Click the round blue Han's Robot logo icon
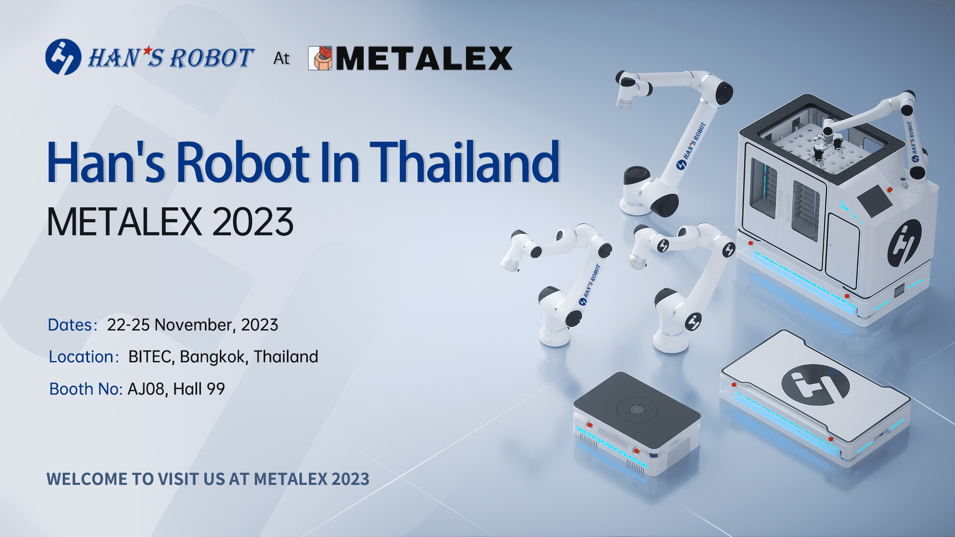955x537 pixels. [x=63, y=57]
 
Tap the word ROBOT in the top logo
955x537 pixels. [x=212, y=58]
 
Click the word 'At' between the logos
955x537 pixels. [x=282, y=59]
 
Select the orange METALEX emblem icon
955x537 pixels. [x=320, y=58]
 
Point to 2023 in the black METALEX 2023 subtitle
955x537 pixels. [x=253, y=222]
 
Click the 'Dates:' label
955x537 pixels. [x=73, y=325]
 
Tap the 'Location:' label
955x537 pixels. [x=84, y=357]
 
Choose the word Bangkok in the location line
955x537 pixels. [x=214, y=357]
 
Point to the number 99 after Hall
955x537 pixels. [x=216, y=389]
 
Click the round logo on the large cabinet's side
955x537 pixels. [x=904, y=243]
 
